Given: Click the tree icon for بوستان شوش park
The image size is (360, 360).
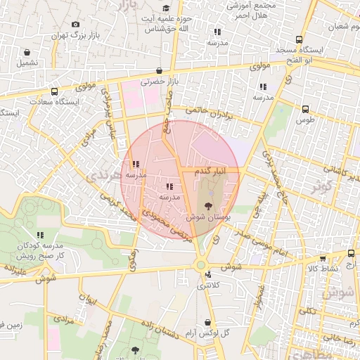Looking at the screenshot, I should click(x=209, y=206).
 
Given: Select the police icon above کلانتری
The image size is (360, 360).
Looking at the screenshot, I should click(x=202, y=275).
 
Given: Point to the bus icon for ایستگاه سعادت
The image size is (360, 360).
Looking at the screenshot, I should click(x=54, y=91).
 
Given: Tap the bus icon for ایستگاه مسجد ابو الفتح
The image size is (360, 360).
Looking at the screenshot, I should click(x=300, y=40).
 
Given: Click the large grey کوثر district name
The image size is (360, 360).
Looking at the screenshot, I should click(x=322, y=187).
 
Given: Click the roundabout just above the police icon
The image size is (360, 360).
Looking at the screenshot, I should click(x=201, y=264).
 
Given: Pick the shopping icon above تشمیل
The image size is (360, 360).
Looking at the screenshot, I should click(x=27, y=52).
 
